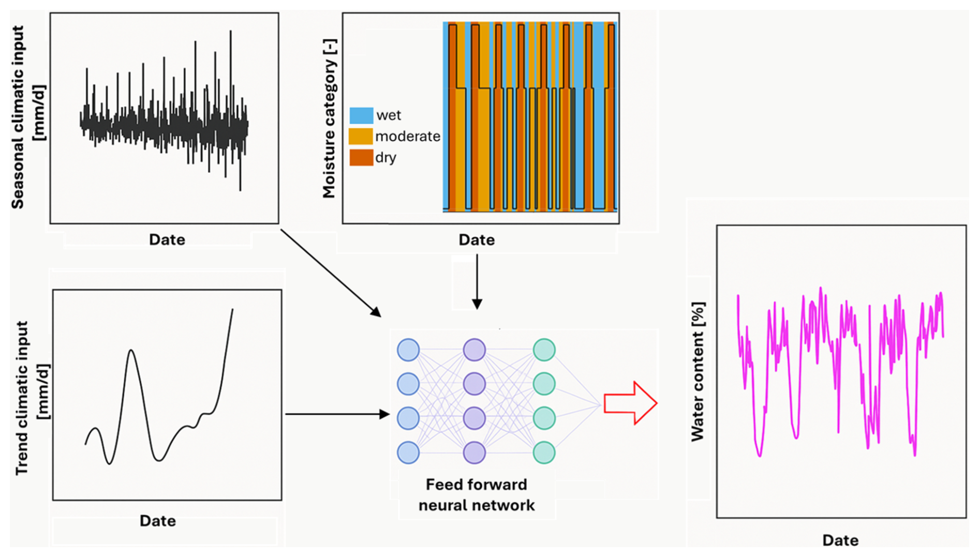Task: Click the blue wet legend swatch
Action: pos(361,115)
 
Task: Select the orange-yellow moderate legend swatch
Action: pos(361,137)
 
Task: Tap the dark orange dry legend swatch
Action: pos(361,157)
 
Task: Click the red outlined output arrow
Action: pos(630,403)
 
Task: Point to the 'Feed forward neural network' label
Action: pos(477,495)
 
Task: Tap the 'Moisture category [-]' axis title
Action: pos(329,118)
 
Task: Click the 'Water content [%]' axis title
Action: pos(698,371)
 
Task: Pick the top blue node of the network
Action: pos(408,350)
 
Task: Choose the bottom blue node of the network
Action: pos(408,453)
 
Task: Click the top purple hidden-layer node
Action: pos(474,350)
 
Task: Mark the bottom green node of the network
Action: pos(544,453)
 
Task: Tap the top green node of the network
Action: pos(544,350)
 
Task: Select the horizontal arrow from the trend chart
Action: pos(337,414)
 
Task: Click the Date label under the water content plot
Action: pos(840,540)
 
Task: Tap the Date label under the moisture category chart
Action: pos(477,240)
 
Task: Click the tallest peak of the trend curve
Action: pos(232,310)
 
